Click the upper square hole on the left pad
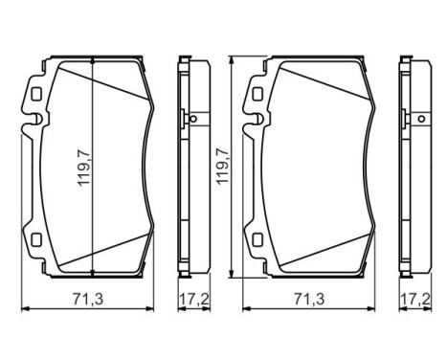tap(35, 96)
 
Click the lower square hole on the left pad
tap(35, 240)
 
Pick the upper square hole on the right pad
tap(256, 96)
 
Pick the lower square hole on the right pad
tap(256, 240)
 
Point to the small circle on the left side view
tap(192, 120)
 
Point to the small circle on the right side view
tap(413, 120)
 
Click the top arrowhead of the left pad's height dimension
tap(91, 62)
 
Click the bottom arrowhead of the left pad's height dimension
tap(91, 272)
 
